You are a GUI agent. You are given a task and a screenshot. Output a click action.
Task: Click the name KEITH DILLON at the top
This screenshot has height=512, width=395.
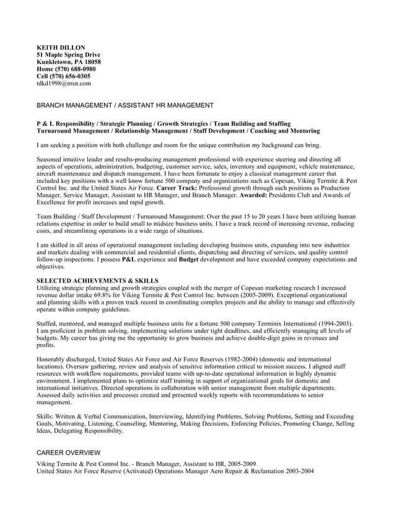click(x=61, y=48)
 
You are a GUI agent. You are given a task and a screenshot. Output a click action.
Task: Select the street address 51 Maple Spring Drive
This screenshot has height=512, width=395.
click(x=68, y=55)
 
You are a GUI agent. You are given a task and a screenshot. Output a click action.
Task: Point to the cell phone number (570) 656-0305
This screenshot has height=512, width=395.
click(x=71, y=76)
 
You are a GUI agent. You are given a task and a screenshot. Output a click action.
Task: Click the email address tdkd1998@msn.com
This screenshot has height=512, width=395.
click(x=64, y=82)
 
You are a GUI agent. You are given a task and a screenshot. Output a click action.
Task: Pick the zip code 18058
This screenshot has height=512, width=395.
click(x=90, y=62)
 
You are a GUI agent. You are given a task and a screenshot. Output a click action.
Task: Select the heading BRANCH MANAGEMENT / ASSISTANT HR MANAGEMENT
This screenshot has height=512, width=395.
click(x=125, y=106)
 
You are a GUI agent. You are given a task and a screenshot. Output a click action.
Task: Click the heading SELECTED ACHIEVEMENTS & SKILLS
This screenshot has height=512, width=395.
click(x=97, y=281)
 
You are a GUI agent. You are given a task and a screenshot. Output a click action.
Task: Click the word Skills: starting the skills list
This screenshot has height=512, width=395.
click(x=46, y=417)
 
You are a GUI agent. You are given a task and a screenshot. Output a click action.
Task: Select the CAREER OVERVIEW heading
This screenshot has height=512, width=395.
click(x=68, y=453)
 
